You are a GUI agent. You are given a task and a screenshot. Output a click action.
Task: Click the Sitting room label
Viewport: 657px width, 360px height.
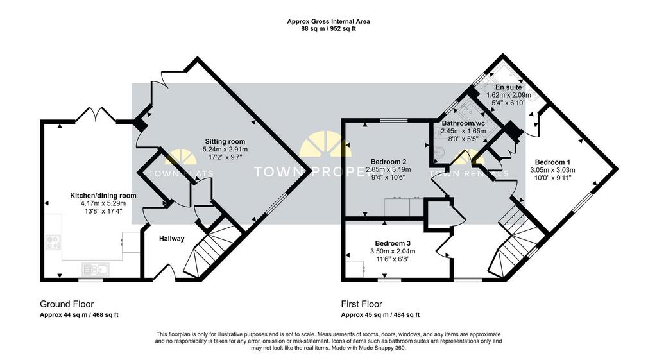pos(225,141)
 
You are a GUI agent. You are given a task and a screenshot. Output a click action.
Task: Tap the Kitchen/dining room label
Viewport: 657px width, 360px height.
pos(103,195)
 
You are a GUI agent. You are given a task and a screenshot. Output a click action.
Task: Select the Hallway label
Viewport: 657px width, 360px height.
pos(172,239)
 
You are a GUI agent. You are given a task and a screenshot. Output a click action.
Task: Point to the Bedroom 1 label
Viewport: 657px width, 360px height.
pos(552,162)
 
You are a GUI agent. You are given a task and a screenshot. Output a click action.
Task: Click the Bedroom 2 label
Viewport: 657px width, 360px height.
pos(388,162)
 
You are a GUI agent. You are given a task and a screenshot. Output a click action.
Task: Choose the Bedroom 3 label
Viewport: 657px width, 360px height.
pos(393,243)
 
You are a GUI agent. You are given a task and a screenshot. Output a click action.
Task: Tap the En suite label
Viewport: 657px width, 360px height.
pos(509,87)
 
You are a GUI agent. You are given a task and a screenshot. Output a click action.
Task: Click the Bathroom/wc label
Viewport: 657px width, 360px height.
pos(463,123)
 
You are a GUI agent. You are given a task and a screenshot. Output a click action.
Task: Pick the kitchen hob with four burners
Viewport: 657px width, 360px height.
pos(53,242)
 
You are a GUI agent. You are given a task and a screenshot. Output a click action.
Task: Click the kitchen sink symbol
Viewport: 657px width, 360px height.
pos(96,268)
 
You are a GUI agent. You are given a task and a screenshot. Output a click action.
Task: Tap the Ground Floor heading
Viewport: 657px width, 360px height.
pos(67,304)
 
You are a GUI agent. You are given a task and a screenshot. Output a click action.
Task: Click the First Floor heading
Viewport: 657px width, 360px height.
pos(362,304)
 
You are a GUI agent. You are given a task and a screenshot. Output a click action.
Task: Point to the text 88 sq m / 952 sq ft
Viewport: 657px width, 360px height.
pos(328,28)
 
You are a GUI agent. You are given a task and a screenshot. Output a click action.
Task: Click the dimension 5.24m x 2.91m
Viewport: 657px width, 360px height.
pos(225,149)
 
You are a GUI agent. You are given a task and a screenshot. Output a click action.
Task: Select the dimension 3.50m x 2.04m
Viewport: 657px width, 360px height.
pos(393,251)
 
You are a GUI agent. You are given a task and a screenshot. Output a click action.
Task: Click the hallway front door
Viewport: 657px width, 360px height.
pos(164,272)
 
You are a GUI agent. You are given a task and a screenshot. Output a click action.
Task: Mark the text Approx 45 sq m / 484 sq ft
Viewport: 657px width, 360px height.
pos(380,314)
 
